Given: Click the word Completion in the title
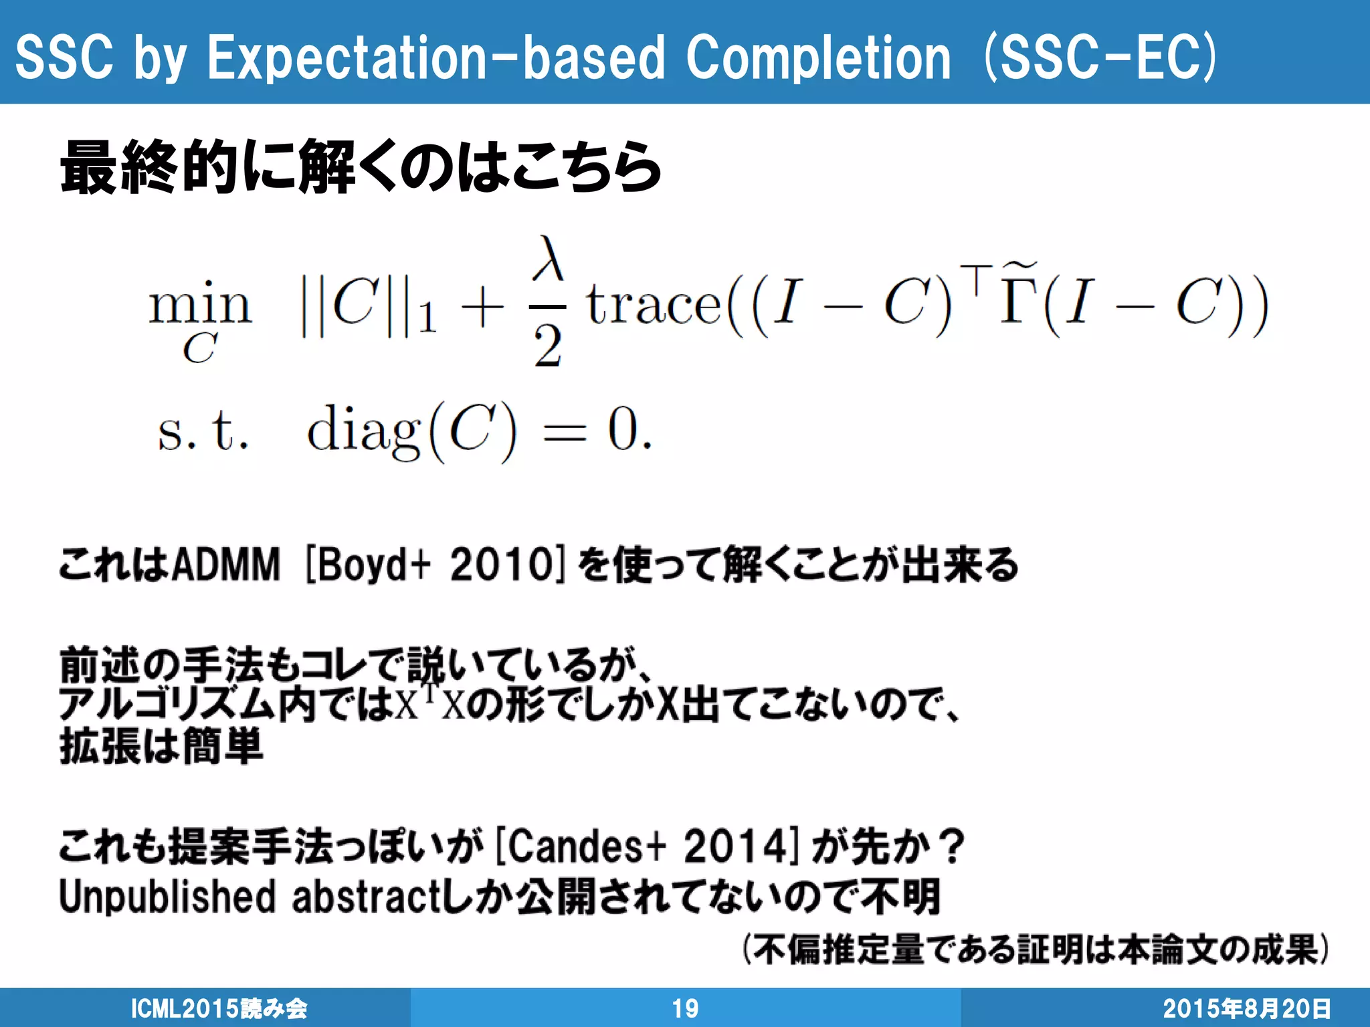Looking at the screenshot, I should click(x=817, y=59).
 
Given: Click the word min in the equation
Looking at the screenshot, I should click(x=200, y=304).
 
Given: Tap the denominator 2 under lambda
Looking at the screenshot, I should click(x=548, y=347).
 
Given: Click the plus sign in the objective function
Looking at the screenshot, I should click(x=482, y=309).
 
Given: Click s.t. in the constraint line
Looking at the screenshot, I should click(x=203, y=431).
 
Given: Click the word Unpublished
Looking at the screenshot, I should click(x=167, y=897).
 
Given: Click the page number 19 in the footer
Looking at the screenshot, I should click(x=685, y=1008).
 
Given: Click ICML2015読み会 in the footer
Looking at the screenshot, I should click(x=219, y=1008).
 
